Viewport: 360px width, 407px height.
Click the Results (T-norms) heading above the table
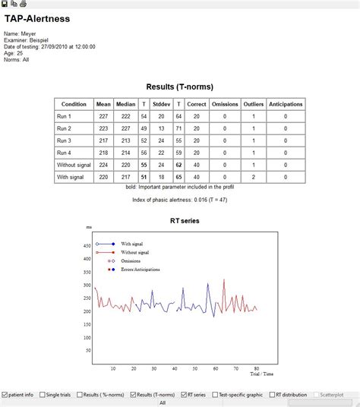(179, 87)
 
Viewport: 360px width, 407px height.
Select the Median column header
(125, 104)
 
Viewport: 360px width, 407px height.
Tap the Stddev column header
(160, 104)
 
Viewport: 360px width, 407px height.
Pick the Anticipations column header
(285, 104)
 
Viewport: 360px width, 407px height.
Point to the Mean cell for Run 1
(103, 116)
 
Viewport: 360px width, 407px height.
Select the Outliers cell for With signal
(253, 177)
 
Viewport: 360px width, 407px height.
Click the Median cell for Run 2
(125, 128)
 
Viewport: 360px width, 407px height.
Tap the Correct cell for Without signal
(197, 165)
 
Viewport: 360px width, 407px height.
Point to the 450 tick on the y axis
(86, 246)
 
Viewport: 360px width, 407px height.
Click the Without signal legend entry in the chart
(134, 252)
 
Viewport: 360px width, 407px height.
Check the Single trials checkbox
(43, 395)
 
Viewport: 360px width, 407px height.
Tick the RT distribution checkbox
(272, 395)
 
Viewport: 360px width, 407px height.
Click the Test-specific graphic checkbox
(214, 395)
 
